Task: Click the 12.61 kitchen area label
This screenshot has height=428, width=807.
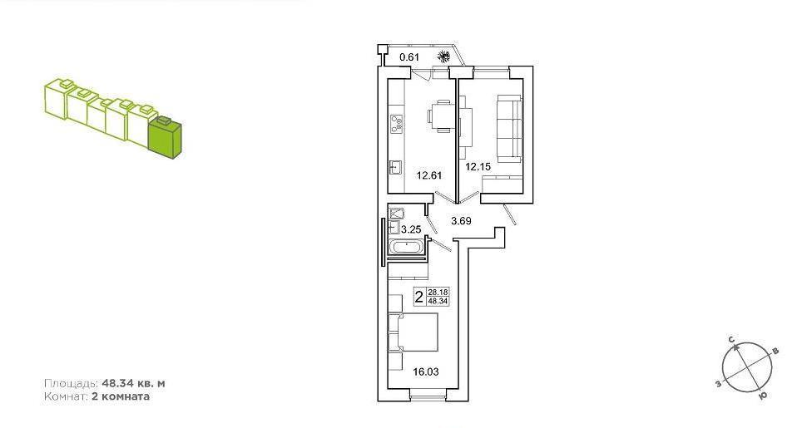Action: tap(429, 175)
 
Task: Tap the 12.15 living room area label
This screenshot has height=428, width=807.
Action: tap(478, 167)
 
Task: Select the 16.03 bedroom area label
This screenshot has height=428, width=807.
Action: tap(426, 371)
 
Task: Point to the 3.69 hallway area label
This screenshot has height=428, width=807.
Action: tap(461, 221)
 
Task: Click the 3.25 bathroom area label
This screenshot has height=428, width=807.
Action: tap(411, 229)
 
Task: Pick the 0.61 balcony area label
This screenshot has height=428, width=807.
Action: tap(409, 57)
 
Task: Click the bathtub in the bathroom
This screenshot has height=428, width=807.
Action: tap(408, 248)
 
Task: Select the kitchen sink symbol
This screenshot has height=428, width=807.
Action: tap(396, 168)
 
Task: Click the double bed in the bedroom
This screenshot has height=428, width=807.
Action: tap(413, 332)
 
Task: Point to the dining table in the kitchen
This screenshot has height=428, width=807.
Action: tap(442, 116)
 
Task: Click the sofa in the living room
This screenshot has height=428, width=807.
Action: tap(510, 130)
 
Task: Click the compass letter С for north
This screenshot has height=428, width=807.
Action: tap(730, 340)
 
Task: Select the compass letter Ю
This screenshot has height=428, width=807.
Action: tap(765, 396)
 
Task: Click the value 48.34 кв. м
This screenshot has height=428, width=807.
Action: tap(134, 384)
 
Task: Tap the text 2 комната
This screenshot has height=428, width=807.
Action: tap(121, 396)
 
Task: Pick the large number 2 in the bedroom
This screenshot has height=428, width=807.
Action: tap(419, 297)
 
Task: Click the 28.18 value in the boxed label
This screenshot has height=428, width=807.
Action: tap(438, 293)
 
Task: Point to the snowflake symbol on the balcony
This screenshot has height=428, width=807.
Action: tap(443, 56)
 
